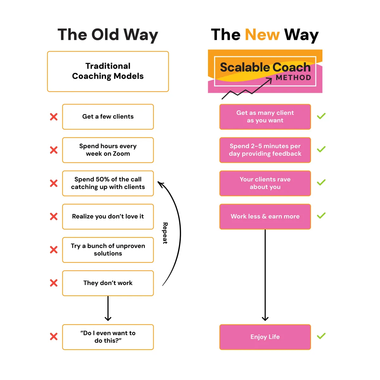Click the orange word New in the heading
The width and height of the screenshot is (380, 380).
[262, 35]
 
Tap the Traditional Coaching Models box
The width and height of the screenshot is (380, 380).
[108, 71]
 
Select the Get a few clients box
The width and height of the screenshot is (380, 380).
[108, 117]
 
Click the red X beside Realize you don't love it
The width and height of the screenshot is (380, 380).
[54, 216]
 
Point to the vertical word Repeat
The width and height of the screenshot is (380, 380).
[165, 233]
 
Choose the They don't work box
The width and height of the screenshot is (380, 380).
[108, 283]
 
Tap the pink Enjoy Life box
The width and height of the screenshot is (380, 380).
[265, 337]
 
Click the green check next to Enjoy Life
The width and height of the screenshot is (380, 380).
[321, 336]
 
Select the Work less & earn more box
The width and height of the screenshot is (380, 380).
[265, 217]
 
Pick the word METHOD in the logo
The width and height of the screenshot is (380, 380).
[293, 78]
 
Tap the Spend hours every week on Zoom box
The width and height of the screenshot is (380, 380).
[108, 150]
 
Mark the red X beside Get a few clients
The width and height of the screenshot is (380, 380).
[54, 117]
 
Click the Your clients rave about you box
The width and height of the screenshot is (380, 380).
[265, 183]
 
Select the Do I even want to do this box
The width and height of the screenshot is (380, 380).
[108, 337]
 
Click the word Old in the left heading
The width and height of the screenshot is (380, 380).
[105, 35]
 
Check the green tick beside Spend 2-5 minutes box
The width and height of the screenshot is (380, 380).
[321, 149]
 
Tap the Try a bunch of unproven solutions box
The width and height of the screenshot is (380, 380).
[108, 250]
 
